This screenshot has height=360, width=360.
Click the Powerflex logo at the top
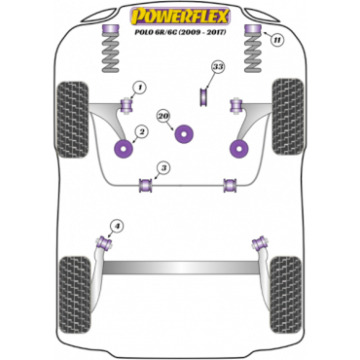pyautogui.click(x=180, y=17)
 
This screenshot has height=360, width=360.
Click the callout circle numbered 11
pyautogui.click(x=276, y=40)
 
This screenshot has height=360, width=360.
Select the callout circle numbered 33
pyautogui.click(x=218, y=67)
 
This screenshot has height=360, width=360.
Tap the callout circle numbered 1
pyautogui.click(x=139, y=87)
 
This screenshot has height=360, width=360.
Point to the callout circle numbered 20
pyautogui.click(x=164, y=116)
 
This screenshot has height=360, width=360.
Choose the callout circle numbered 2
pyautogui.click(x=141, y=131)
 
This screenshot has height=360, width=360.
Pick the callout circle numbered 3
pyautogui.click(x=163, y=168)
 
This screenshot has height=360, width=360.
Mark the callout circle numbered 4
pyautogui.click(x=117, y=226)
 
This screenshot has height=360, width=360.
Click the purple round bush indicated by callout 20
pyautogui.click(x=184, y=134)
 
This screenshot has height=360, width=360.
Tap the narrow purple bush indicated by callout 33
pyautogui.click(x=203, y=97)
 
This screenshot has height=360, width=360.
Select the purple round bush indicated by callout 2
pyautogui.click(x=125, y=149)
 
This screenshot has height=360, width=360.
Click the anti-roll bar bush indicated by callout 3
pyautogui.click(x=146, y=185)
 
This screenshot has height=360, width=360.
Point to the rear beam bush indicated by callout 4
pyautogui.click(x=104, y=243)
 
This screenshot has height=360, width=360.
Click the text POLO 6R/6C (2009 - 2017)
pyautogui.click(x=180, y=32)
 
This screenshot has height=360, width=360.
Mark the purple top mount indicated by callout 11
pyautogui.click(x=253, y=29)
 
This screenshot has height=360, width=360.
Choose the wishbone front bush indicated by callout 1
pyautogui.click(x=126, y=105)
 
